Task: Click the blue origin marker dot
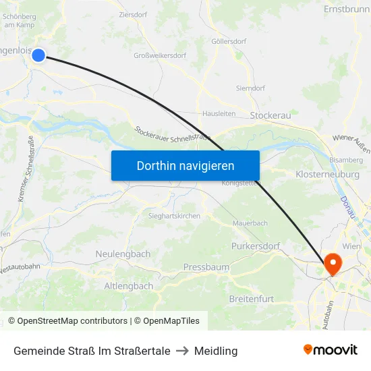click(38, 55)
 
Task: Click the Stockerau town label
click(270, 116)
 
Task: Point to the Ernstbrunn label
click(347, 10)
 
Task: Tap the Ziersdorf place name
click(132, 13)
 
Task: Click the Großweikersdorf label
click(160, 55)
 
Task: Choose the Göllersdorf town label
click(229, 40)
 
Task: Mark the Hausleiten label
click(219, 114)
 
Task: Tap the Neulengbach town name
click(123, 254)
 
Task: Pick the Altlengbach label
click(128, 286)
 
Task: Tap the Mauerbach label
click(250, 223)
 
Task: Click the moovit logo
click(330, 349)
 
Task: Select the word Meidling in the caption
click(216, 351)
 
